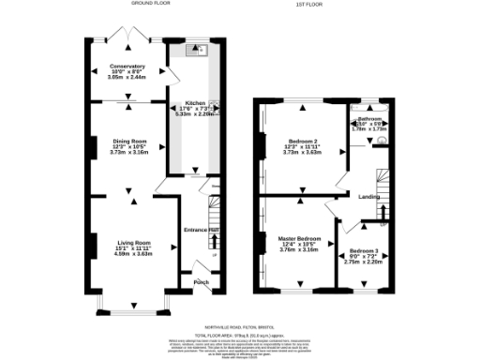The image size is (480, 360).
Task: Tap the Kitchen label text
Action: pyautogui.click(x=195, y=102)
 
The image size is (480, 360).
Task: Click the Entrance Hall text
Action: pyautogui.click(x=202, y=230)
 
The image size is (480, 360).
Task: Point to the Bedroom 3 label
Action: pyautogui.click(x=365, y=251)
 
